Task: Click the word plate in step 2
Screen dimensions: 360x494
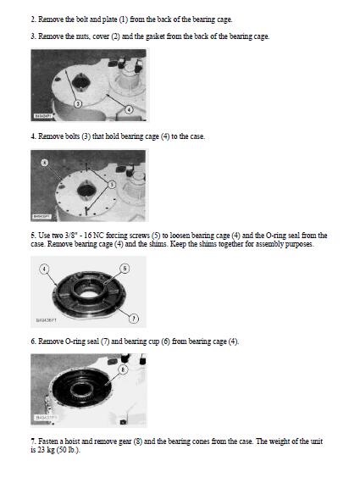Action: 109,19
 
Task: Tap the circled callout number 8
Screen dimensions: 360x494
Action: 123,369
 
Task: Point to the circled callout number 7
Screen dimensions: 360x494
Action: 134,319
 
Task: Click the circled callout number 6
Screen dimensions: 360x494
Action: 125,269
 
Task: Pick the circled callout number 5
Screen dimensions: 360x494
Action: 112,185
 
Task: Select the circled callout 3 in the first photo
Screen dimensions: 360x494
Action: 78,103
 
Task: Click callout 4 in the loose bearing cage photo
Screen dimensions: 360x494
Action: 44,269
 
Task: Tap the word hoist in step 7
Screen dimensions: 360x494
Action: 73,441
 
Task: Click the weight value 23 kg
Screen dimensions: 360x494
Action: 46,450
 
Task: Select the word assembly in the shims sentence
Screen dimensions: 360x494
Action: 269,244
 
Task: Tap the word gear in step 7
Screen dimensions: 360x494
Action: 125,441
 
